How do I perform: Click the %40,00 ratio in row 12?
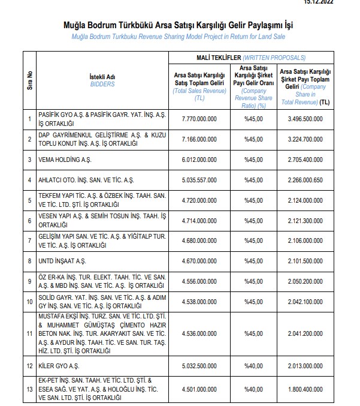click(x=254, y=365)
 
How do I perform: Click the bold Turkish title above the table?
click(x=180, y=26)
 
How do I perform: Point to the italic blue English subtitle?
click(x=180, y=37)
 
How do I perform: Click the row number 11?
click(x=29, y=333)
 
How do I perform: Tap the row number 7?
click(x=29, y=240)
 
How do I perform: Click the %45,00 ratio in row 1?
click(x=254, y=119)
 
